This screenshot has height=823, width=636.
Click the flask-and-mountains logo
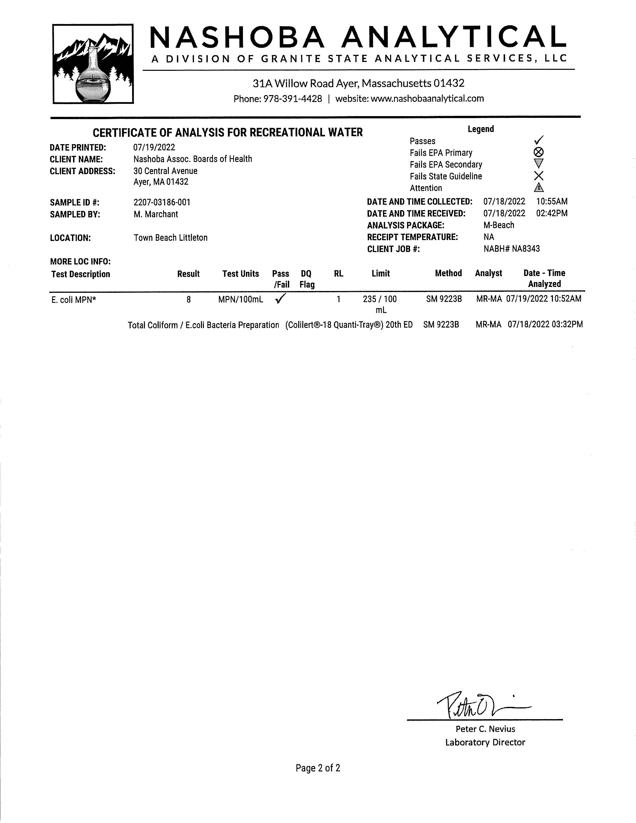(93, 64)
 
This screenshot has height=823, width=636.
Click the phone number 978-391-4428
(292, 99)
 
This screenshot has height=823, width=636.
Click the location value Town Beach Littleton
(170, 238)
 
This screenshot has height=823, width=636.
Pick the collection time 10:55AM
(552, 202)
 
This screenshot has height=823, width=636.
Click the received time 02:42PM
(552, 213)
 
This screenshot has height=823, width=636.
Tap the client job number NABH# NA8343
(511, 249)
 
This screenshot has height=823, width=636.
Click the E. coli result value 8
(188, 300)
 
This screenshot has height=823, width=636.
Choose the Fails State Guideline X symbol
(539, 176)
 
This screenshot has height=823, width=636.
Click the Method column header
(448, 273)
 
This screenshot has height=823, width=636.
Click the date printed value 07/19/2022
(154, 147)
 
